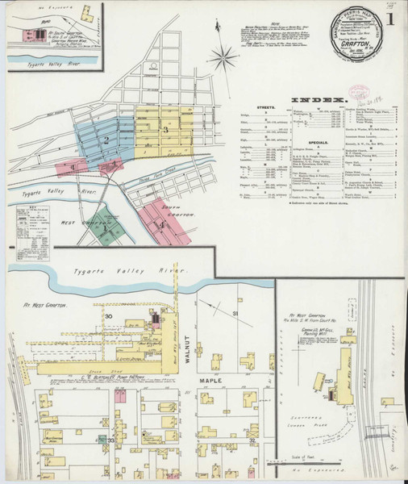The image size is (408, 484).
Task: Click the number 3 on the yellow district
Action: pyautogui.click(x=165, y=129)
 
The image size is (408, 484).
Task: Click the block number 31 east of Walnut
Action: pyautogui.click(x=236, y=313)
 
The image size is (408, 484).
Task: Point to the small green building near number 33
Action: pyautogui.click(x=104, y=440)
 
